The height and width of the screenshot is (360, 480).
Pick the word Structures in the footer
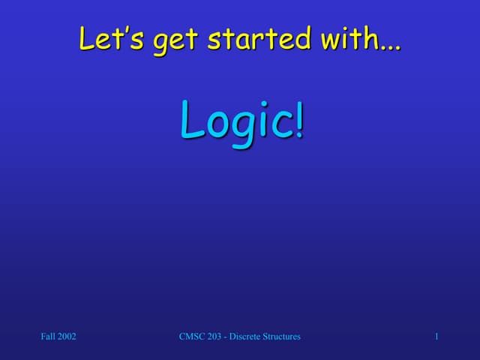click(x=282, y=337)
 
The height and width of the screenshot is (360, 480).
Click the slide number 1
click(x=436, y=337)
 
